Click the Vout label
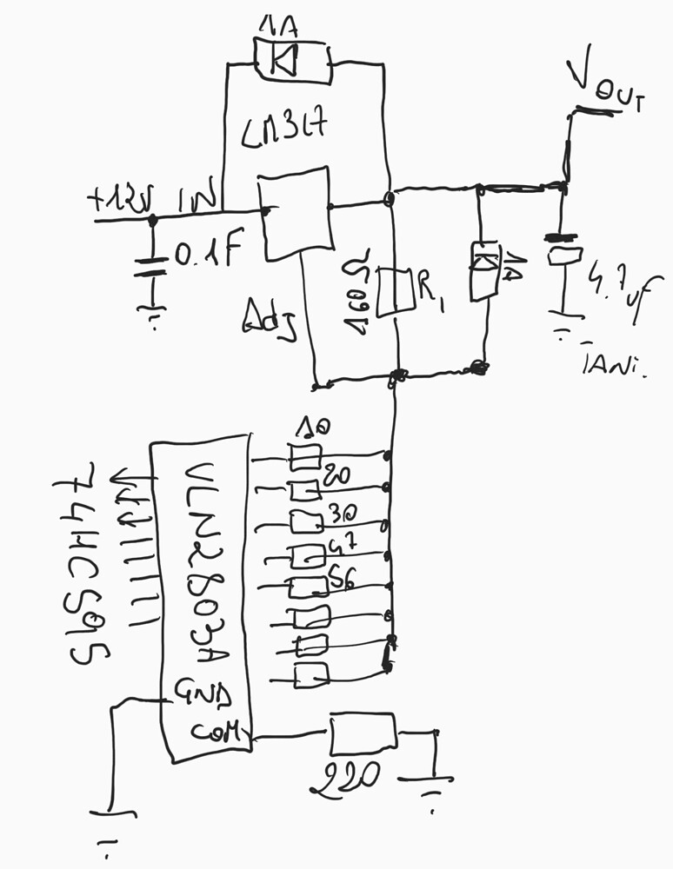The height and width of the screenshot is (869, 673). tap(604, 88)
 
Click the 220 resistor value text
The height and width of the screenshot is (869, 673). tap(346, 775)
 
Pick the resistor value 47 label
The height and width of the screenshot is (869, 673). tap(340, 547)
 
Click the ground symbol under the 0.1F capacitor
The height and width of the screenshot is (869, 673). tap(153, 313)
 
